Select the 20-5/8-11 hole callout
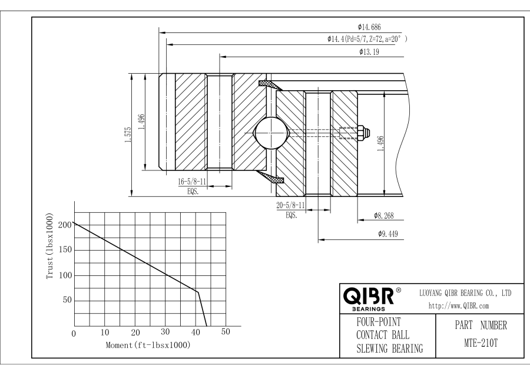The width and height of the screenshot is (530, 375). (x=290, y=205)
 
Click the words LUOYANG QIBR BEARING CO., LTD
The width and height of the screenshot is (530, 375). (x=465, y=292)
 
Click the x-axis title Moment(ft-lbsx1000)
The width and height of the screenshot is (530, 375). (x=148, y=344)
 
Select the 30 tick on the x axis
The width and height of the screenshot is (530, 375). (x=165, y=333)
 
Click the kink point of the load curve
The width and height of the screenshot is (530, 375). (x=198, y=292)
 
